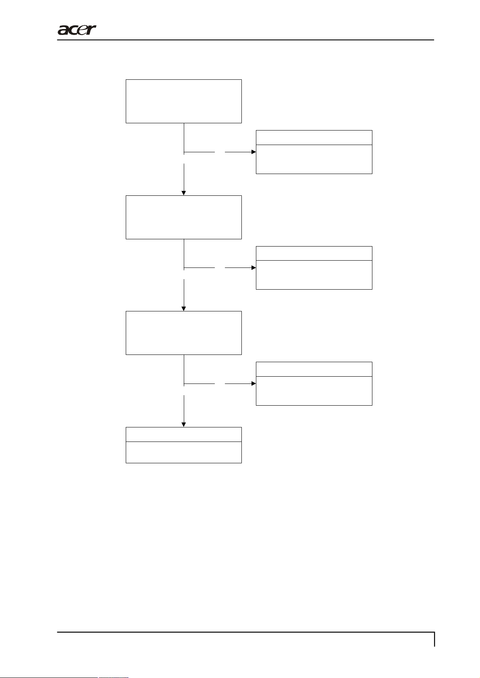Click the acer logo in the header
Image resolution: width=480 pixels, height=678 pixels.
point(77,30)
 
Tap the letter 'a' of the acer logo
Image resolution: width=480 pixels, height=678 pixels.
point(63,31)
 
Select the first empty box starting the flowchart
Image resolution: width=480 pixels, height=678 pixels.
point(183,101)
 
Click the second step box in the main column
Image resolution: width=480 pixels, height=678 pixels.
point(183,217)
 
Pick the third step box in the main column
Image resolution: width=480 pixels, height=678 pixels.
point(183,333)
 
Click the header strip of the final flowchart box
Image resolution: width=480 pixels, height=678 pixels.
point(183,434)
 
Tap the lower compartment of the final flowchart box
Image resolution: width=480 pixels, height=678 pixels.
point(183,452)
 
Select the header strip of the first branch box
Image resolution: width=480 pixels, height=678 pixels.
point(314,137)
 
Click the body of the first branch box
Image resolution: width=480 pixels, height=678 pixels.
point(314,159)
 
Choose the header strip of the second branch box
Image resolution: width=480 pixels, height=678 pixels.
point(314,253)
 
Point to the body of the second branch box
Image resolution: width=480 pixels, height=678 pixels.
point(314,275)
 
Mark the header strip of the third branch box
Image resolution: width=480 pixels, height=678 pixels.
point(314,369)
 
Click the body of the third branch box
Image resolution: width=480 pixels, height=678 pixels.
point(314,391)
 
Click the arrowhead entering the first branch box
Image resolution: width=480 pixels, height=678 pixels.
point(254,152)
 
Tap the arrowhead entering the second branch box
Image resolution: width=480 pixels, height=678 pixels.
point(254,267)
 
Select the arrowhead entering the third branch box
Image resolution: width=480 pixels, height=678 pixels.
point(254,384)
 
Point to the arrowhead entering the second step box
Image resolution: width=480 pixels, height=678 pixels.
point(184,193)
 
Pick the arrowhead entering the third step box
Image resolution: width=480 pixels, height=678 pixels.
point(184,309)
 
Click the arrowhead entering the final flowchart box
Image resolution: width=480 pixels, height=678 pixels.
point(184,425)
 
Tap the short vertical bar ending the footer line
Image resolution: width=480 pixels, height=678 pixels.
point(434,639)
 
